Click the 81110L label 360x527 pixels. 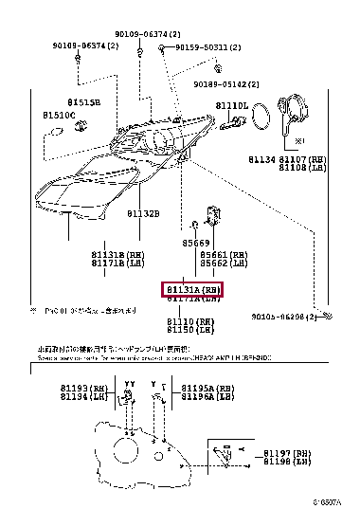[x=230, y=105]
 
